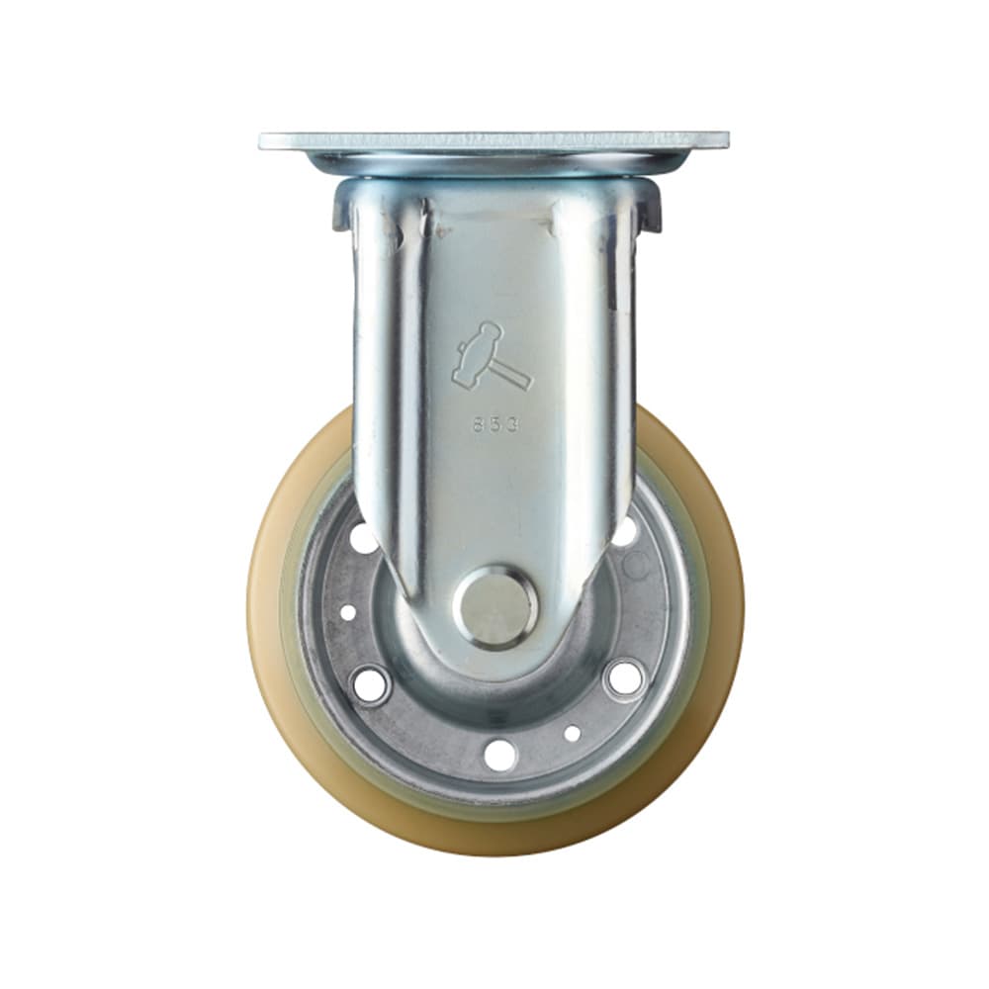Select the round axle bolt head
click(x=495, y=606)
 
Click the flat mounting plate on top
click(x=494, y=140)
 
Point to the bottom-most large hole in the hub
click(x=500, y=755)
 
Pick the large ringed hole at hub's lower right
click(x=624, y=677)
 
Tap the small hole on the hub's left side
click(x=348, y=612)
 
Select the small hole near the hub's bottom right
click(x=572, y=733)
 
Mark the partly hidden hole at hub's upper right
click(x=625, y=531)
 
